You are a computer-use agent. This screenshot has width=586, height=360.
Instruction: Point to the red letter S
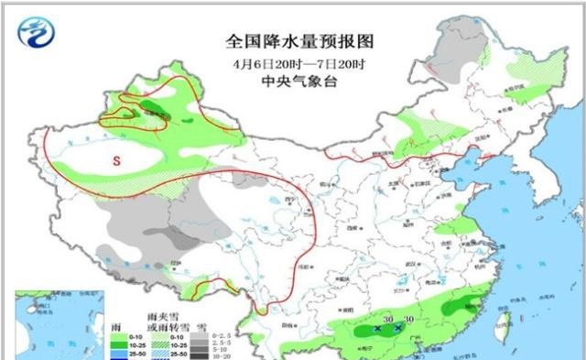(x=116, y=160)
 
